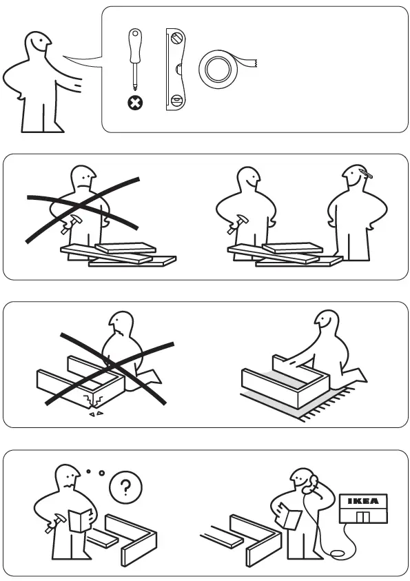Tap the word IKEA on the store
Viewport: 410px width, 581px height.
[362, 501]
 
